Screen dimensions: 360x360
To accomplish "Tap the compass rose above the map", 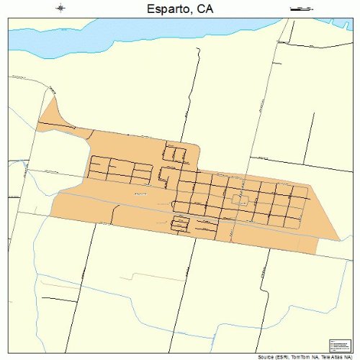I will point(60,9).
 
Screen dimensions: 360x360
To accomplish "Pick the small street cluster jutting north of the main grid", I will point(174,153).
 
